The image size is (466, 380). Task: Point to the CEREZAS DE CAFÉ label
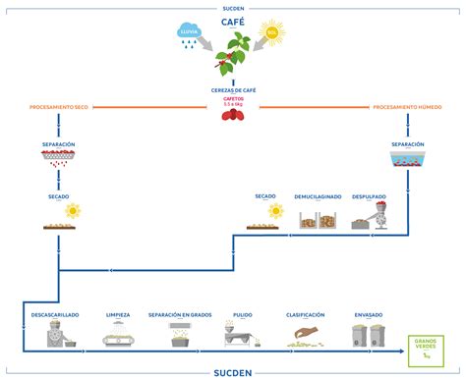point(233,89)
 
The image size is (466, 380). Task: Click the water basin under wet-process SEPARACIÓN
point(408,159)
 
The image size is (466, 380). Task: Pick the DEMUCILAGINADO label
point(319,196)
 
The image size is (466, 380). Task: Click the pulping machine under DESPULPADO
point(370,219)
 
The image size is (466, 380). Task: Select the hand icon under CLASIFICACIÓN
point(306,334)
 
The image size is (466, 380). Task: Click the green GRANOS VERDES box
point(426,346)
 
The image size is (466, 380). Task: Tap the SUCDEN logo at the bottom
point(233,372)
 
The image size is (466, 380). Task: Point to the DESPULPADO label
point(370,196)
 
